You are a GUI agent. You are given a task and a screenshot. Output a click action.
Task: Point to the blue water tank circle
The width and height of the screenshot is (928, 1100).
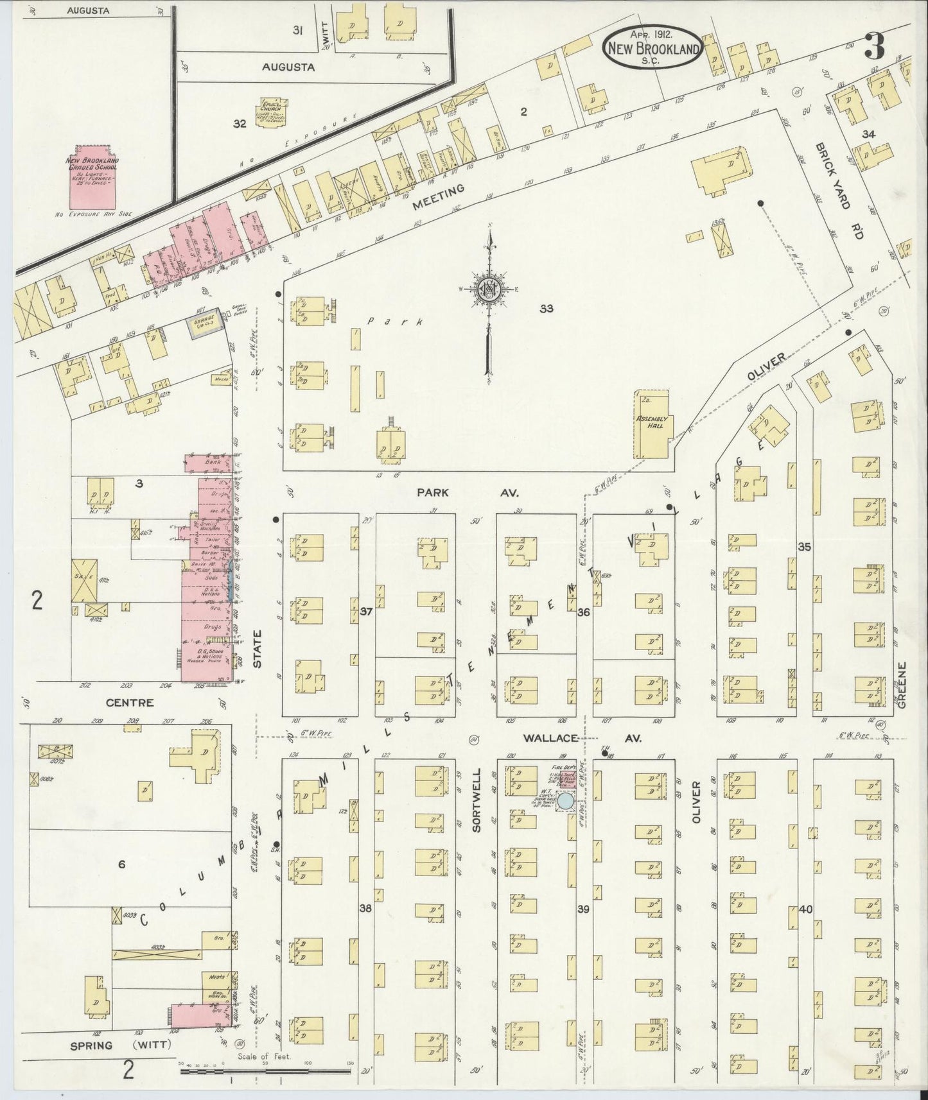[x=565, y=800]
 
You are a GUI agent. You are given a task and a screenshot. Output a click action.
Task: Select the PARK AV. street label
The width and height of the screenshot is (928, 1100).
[x=468, y=493]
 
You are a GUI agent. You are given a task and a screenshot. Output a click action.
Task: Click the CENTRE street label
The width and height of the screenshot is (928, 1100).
[x=129, y=702]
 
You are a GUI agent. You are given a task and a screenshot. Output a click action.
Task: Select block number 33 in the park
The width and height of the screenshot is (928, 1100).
[x=546, y=309]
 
